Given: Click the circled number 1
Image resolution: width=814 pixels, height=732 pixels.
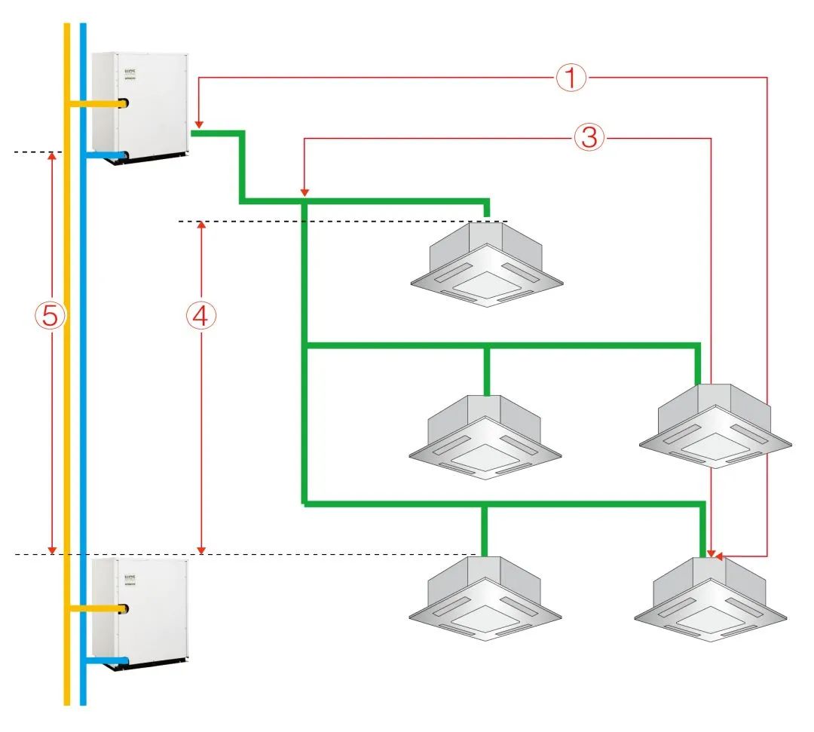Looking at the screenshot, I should [x=571, y=76].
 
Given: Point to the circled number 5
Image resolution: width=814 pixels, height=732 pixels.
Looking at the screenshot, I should [x=50, y=316].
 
